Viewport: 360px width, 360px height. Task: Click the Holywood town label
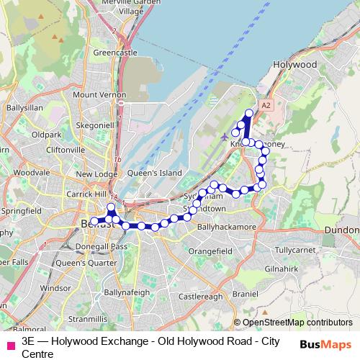[x=295, y=64]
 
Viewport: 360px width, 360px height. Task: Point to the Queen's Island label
[x=154, y=174]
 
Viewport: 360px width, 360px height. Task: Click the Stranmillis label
[x=85, y=318]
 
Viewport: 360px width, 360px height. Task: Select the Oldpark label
[x=47, y=135]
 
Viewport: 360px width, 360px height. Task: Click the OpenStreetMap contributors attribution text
[x=297, y=323]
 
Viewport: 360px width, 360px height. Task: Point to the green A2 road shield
[x=266, y=105]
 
